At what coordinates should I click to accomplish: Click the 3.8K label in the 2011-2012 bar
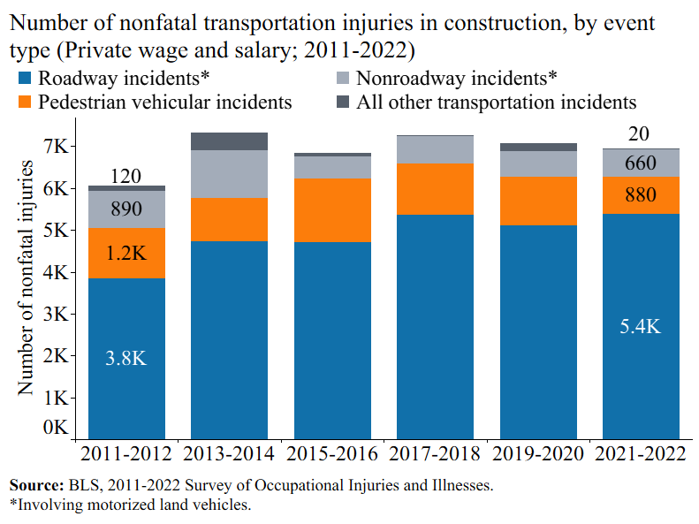pyautogui.click(x=125, y=359)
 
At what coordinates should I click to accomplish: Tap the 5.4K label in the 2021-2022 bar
pyautogui.click(x=640, y=326)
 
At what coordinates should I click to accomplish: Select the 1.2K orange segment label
pyautogui.click(x=125, y=254)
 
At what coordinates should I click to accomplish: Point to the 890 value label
pyautogui.click(x=125, y=209)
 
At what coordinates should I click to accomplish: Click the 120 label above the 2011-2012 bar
pyautogui.click(x=125, y=177)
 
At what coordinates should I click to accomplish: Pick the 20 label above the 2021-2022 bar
pyautogui.click(x=640, y=134)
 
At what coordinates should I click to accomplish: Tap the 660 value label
pyautogui.click(x=640, y=163)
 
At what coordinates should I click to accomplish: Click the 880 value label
pyautogui.click(x=640, y=195)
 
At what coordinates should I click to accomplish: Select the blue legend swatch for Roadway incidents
pyautogui.click(x=25, y=80)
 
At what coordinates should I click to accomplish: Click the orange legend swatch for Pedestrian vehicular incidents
pyautogui.click(x=25, y=102)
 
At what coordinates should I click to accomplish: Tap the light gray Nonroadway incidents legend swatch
pyautogui.click(x=343, y=80)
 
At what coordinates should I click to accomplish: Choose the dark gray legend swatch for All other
pyautogui.click(x=343, y=102)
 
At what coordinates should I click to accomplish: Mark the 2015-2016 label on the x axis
pyautogui.click(x=331, y=454)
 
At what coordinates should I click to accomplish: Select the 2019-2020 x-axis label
pyautogui.click(x=537, y=454)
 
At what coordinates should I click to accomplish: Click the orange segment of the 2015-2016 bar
pyautogui.click(x=331, y=210)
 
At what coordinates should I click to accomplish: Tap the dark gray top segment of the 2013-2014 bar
pyautogui.click(x=229, y=141)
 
